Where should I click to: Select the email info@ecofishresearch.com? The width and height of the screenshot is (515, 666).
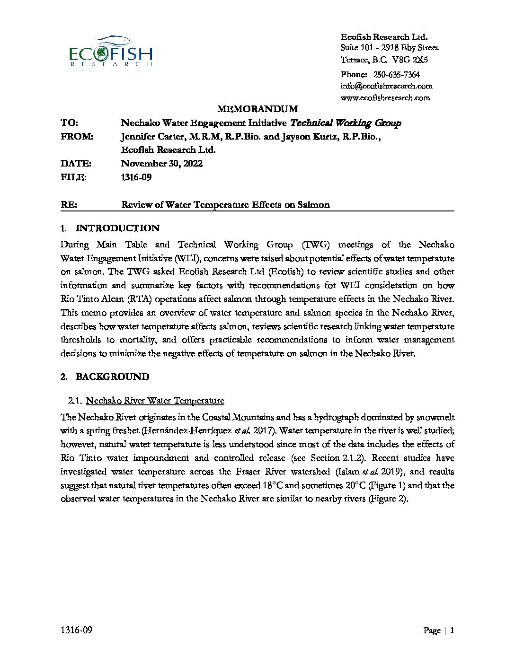coord(386,86)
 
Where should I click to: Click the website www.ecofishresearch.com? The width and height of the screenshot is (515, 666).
coord(385,98)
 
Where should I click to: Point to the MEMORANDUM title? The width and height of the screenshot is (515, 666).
coord(257,109)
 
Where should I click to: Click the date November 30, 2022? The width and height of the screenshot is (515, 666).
coord(162,164)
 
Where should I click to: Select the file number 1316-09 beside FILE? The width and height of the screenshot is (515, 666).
coord(136,177)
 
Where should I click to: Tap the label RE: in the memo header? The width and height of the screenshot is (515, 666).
coord(69,205)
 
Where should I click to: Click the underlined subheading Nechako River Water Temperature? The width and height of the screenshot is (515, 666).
coord(155,401)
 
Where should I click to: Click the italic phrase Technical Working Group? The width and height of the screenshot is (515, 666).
coord(345,123)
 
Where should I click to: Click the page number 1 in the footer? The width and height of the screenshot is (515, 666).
coord(453,630)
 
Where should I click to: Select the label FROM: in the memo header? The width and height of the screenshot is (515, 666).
coord(77,137)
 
